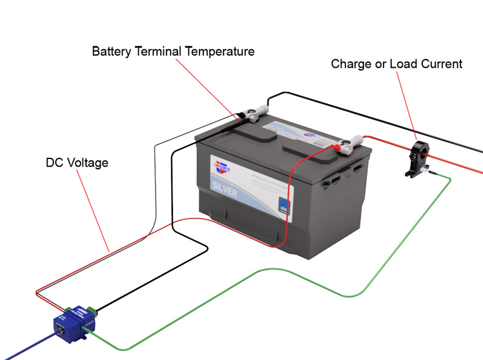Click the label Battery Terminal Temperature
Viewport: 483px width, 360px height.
tap(173, 51)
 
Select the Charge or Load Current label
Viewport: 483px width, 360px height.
tap(396, 64)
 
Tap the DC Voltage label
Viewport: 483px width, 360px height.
tap(77, 163)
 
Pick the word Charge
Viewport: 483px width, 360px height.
tap(351, 64)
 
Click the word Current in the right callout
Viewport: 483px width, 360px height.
tap(444, 64)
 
